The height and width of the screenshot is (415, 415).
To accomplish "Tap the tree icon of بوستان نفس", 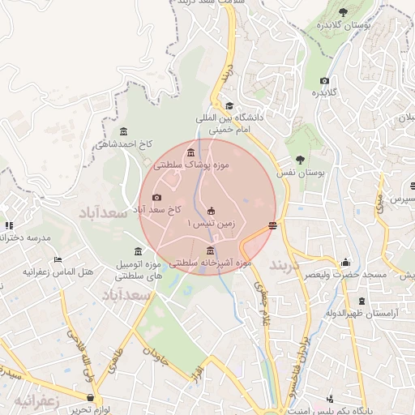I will (301, 160).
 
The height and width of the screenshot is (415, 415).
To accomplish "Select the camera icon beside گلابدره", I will (325, 80).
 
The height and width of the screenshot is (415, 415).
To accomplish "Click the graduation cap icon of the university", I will (229, 105).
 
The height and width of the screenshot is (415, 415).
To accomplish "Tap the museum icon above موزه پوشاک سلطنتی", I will (190, 153).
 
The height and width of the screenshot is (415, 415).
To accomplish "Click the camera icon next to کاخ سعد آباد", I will (156, 197).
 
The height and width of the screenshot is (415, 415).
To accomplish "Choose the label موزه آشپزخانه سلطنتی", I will (211, 263).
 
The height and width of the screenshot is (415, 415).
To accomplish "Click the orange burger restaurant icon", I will (273, 225).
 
